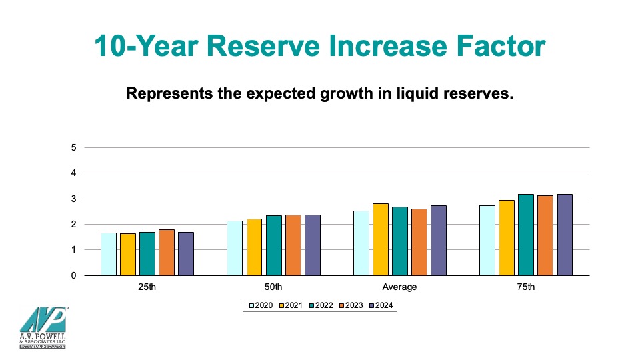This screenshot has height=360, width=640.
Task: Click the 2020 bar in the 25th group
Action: point(109,254)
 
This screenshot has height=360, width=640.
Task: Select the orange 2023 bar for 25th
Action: point(167,253)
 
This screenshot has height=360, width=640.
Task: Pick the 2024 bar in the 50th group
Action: point(312,245)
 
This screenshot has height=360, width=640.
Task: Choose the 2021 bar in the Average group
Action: point(380,239)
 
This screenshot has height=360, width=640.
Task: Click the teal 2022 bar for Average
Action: point(400,241)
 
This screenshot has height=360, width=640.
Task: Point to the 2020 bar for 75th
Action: point(487,241)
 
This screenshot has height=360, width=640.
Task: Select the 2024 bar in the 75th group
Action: point(565,235)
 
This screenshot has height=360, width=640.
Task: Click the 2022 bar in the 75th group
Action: point(526,235)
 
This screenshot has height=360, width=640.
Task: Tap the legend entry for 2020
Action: point(261,305)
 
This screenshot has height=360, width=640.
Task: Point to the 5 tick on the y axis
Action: point(73,147)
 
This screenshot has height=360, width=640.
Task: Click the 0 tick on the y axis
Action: point(73,275)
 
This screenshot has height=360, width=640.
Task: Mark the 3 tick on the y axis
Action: point(73,199)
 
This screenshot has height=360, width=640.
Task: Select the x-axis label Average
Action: point(399,287)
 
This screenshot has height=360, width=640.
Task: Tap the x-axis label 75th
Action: point(526,287)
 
